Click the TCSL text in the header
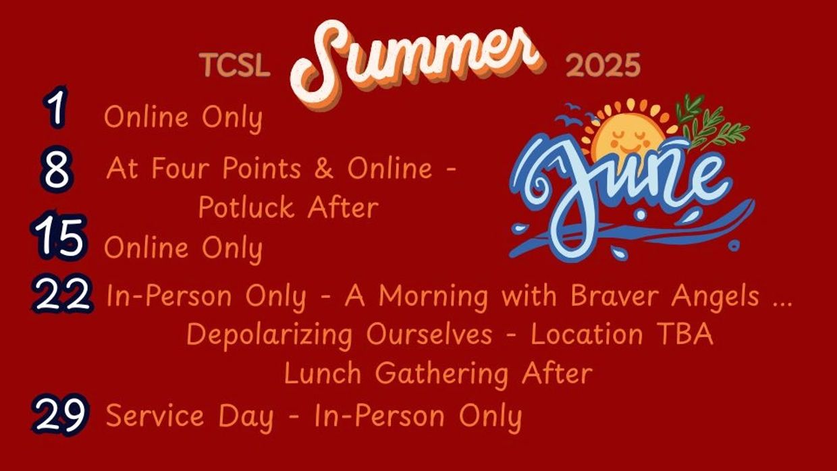point(235,65)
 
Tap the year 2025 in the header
point(603,65)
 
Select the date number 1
point(56,107)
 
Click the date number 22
point(62,294)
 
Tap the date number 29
point(61,414)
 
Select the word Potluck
point(246,208)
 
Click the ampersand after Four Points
point(323,168)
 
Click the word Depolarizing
point(269,335)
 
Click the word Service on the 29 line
point(155,416)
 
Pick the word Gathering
point(441,375)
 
